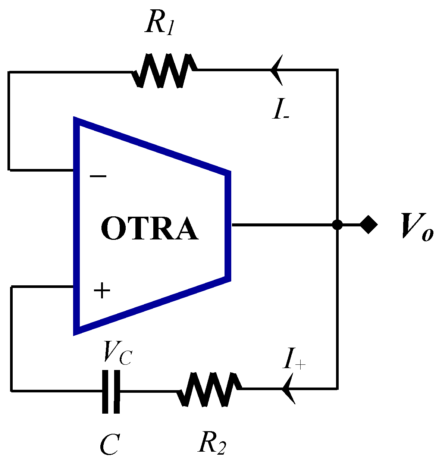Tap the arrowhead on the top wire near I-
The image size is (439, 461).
[x=276, y=69]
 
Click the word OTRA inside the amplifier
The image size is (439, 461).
[x=150, y=229]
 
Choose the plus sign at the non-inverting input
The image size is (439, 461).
[x=102, y=291]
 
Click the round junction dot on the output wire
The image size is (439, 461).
[x=337, y=225]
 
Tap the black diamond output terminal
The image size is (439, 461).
[x=368, y=225]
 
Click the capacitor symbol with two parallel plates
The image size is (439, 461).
[x=111, y=391]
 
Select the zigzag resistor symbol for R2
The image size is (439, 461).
[x=209, y=389]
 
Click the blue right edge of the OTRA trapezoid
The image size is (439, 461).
[x=228, y=225]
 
